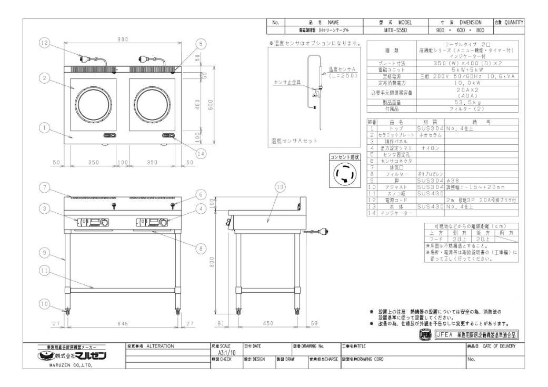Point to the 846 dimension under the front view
click(x=122, y=323)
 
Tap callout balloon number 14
click(x=201, y=154)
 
